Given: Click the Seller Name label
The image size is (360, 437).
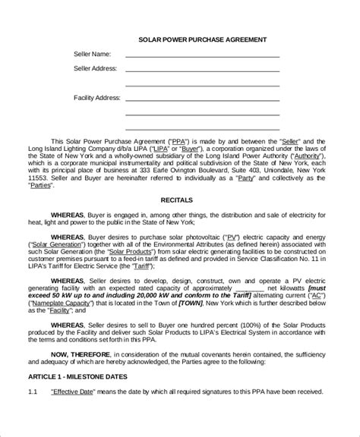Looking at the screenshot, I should tap(92, 54).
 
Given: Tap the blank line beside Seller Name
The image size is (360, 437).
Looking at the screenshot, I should tap(202, 55).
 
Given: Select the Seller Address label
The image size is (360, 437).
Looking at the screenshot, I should tap(95, 68).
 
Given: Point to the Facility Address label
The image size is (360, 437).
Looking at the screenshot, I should tap(96, 98).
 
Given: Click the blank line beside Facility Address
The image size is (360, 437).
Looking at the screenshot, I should tap(202, 99).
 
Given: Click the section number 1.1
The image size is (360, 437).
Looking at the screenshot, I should tap(33, 413).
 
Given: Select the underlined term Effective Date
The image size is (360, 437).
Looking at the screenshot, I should tap(71, 413).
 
